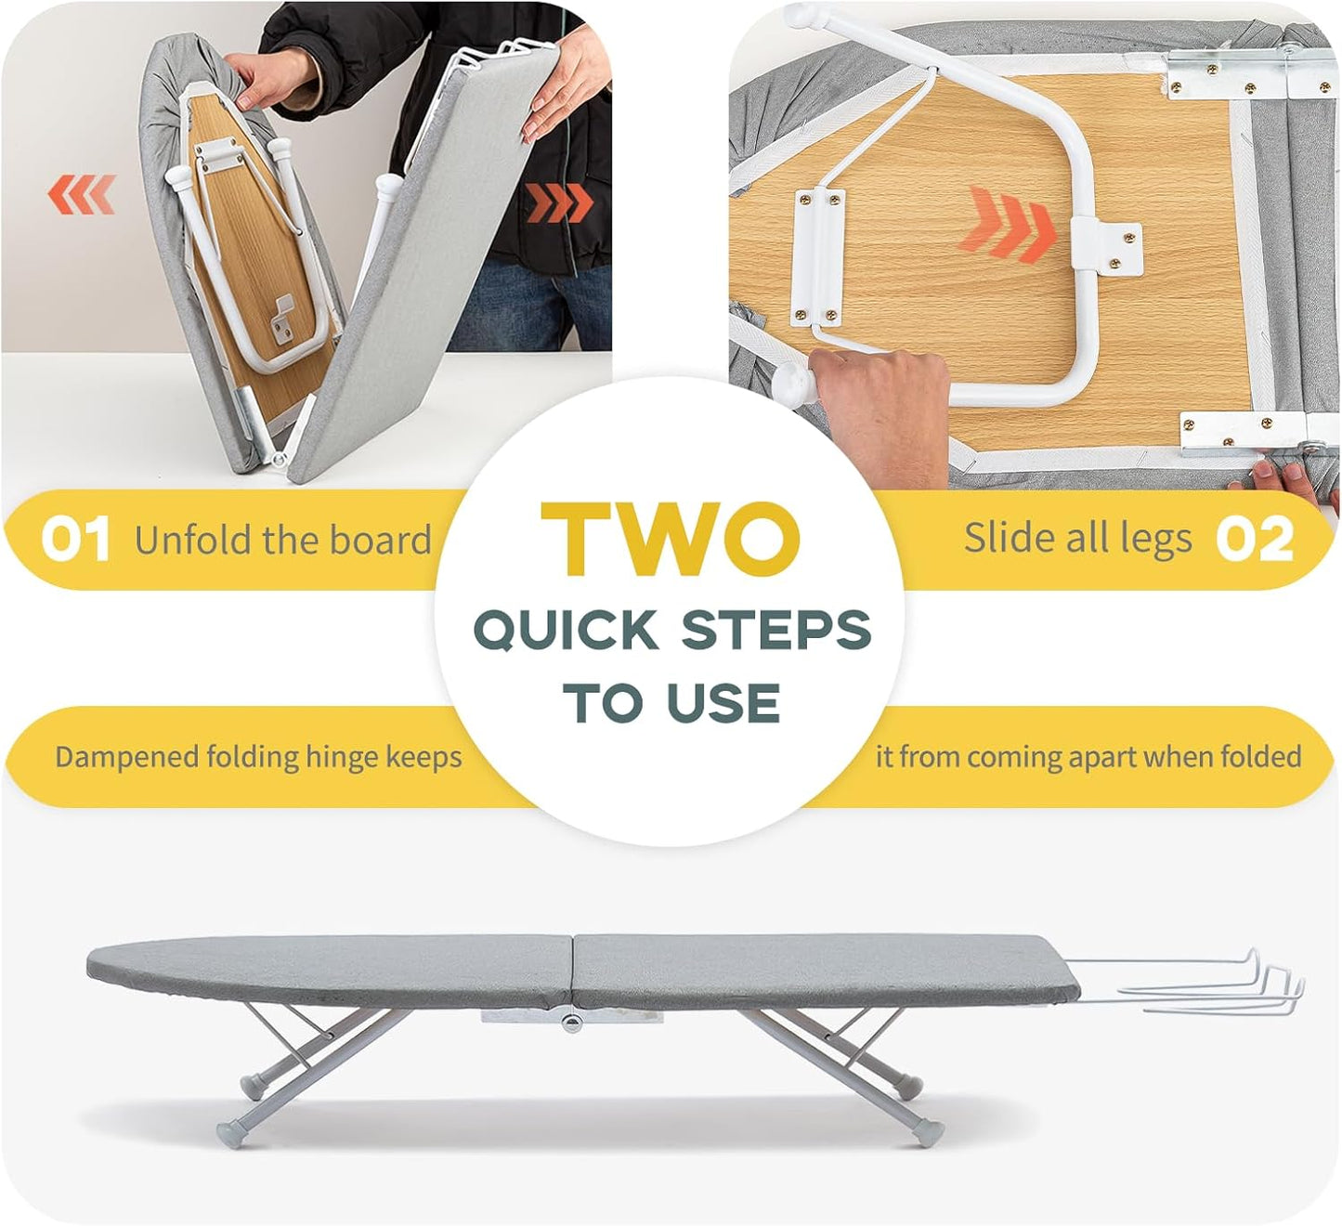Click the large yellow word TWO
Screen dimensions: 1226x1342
click(x=670, y=540)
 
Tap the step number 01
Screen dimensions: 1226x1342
click(x=75, y=539)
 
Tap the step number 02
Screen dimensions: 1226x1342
click(x=1255, y=539)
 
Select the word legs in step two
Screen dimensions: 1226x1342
click(x=1155, y=540)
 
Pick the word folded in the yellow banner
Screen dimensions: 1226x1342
click(x=1260, y=756)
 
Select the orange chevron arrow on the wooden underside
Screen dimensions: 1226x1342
click(x=1011, y=223)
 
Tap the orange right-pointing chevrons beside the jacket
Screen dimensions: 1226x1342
click(x=560, y=202)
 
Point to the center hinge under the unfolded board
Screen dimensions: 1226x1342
click(x=569, y=1023)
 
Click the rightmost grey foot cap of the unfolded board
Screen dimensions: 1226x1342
click(x=926, y=1134)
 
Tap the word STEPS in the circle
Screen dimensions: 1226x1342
click(x=776, y=631)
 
